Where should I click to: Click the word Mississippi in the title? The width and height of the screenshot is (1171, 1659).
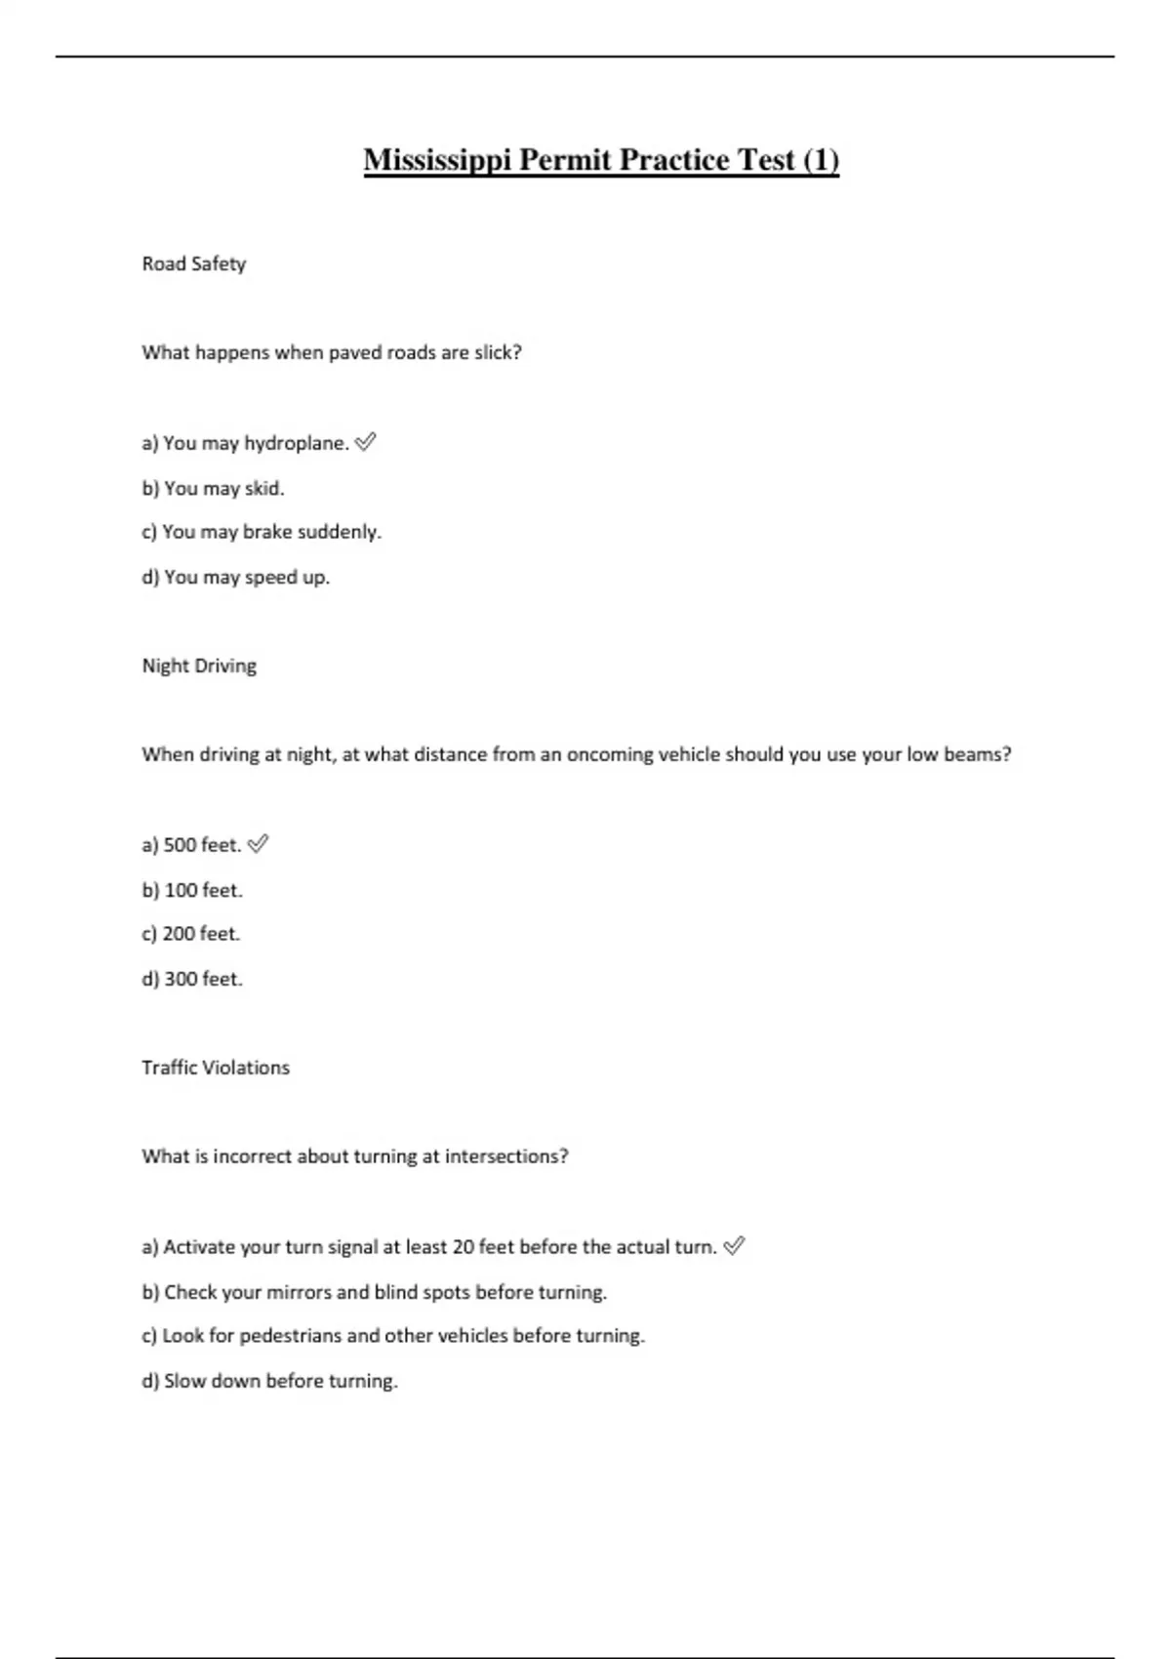(437, 160)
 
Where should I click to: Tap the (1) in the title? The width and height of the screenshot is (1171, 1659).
(821, 160)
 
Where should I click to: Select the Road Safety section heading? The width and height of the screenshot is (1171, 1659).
(193, 263)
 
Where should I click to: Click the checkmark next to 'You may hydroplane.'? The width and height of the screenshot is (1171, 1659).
(366, 442)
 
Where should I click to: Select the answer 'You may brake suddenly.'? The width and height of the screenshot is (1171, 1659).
(262, 532)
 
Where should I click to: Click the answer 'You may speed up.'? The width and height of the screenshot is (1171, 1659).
(236, 577)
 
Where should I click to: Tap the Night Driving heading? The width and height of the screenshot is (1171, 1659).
(199, 666)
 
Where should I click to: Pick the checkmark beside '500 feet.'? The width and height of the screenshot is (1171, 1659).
(259, 844)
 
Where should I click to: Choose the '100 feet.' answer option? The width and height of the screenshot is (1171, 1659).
(192, 890)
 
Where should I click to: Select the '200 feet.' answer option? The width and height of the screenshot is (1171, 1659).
(191, 934)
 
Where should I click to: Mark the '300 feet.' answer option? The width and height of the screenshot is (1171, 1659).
(192, 979)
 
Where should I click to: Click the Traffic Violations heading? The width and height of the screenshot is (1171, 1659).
(216, 1068)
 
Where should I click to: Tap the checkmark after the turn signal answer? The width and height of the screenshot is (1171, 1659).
(735, 1245)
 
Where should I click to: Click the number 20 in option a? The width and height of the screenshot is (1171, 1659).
(464, 1247)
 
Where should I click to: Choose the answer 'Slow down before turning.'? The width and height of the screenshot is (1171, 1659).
(269, 1381)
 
